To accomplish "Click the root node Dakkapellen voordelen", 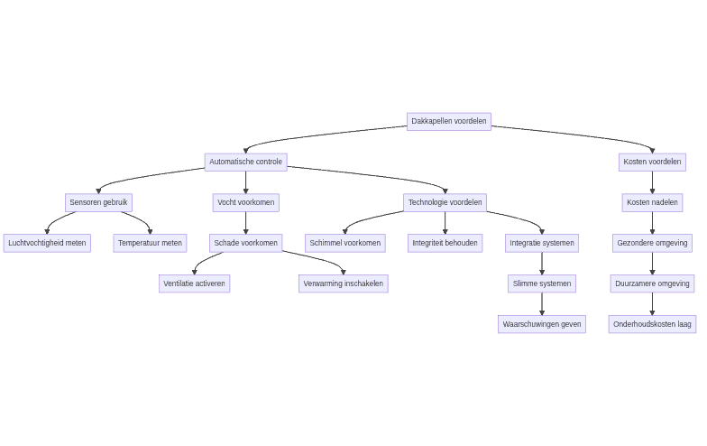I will tap(448, 121).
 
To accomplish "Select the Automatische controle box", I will tap(245, 162).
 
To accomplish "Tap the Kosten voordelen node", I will tap(652, 162).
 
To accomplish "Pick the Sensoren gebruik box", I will tap(98, 202).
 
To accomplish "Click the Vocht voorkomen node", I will tap(245, 202).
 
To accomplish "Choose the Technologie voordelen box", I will tap(445, 202).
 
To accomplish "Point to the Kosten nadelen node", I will tap(652, 202).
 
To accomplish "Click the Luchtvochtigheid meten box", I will tap(47, 243).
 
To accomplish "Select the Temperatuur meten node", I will tap(150, 243).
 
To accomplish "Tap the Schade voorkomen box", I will tap(245, 243).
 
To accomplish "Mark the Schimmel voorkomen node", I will tap(344, 243).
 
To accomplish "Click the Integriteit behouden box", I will tap(445, 243).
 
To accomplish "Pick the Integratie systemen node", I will tap(541, 243).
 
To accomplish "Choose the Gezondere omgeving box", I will tap(652, 243).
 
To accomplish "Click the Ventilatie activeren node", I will tap(194, 283).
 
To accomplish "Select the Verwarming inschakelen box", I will tap(343, 283).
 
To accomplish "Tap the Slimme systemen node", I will tap(541, 283).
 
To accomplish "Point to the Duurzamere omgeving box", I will tap(652, 283).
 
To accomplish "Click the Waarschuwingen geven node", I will tap(541, 324).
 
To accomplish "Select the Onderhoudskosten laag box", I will tap(652, 324).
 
